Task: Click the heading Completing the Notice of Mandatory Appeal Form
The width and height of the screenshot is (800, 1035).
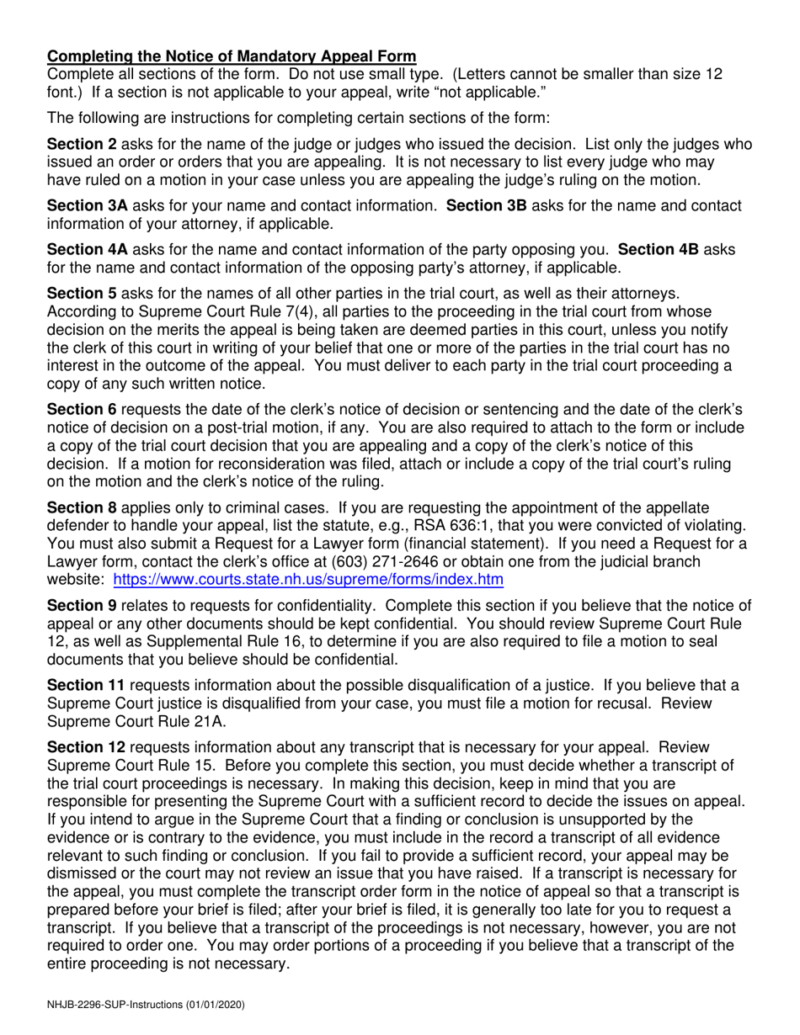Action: (232, 57)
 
